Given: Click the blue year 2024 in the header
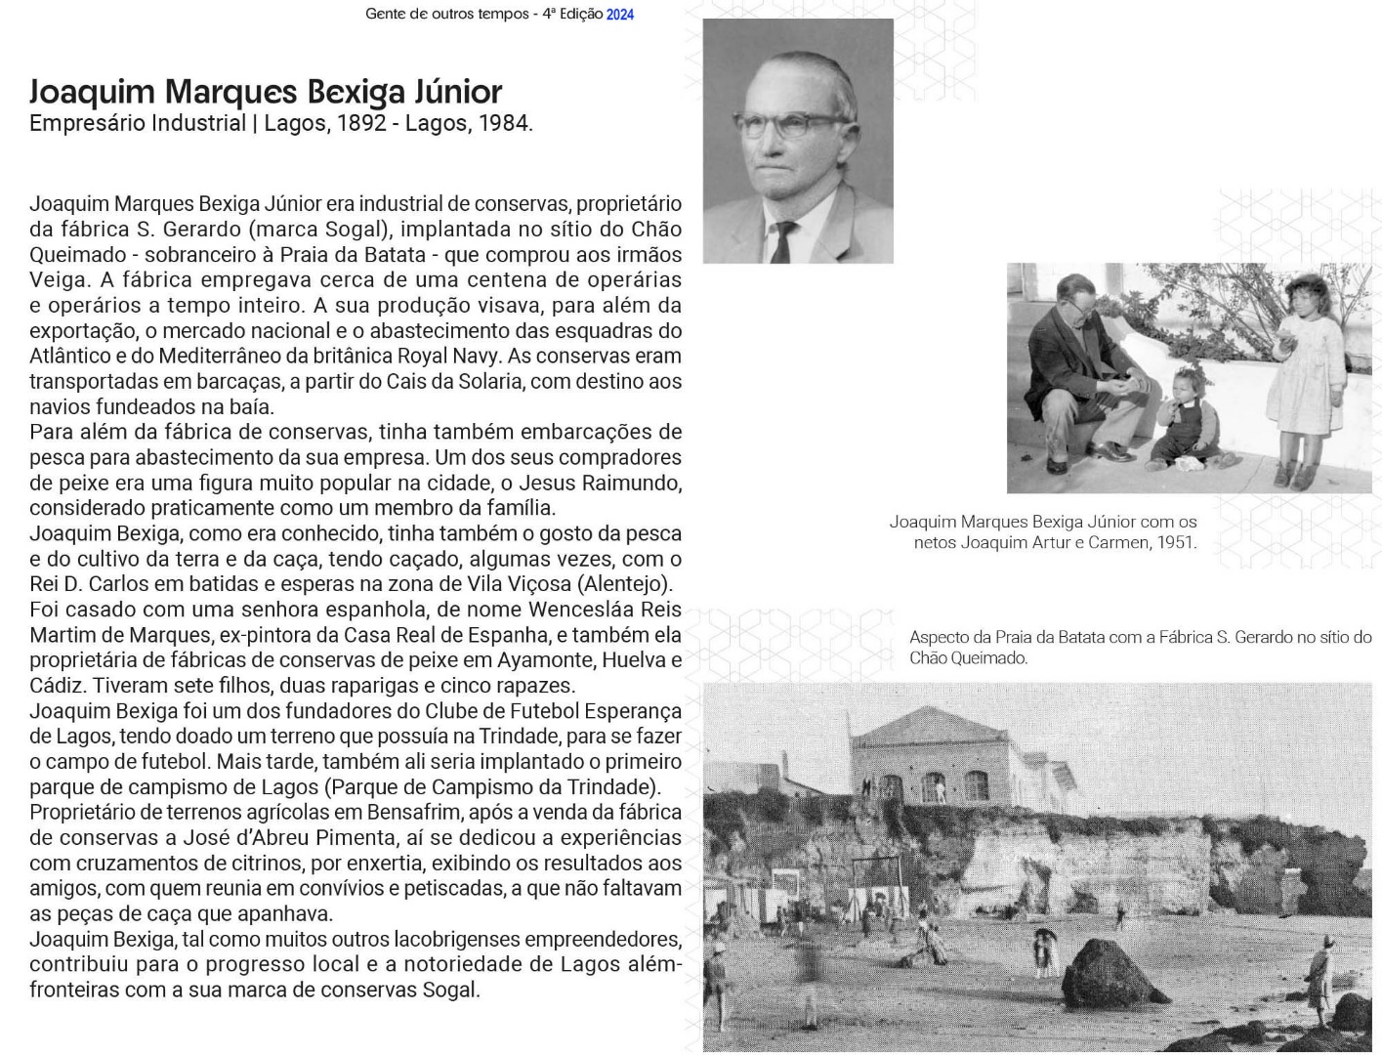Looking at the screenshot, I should click(x=620, y=15).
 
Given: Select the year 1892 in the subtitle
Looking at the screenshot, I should click(x=361, y=124).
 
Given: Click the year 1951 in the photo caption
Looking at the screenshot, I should click(x=1177, y=543).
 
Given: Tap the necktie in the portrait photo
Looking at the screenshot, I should click(x=782, y=242).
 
